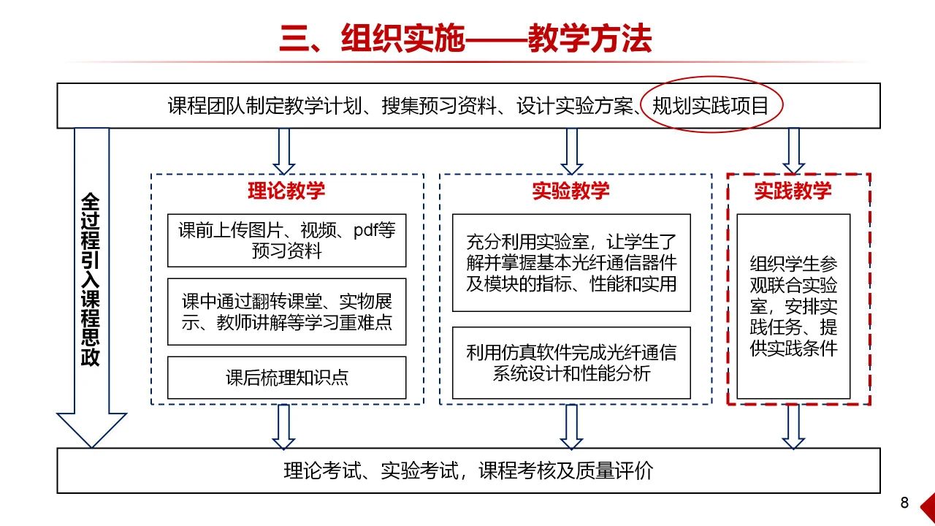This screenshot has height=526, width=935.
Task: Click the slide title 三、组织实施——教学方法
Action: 465,39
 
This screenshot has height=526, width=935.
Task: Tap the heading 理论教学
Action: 286,191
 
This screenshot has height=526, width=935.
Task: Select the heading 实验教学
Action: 571,191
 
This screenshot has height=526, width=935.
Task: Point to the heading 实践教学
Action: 793,191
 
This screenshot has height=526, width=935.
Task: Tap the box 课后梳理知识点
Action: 286,377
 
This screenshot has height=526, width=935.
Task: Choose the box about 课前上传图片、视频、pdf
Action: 286,240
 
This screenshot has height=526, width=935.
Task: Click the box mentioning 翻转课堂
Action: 286,311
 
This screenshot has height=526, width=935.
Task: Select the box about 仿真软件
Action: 571,363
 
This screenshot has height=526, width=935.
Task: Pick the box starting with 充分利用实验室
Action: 571,262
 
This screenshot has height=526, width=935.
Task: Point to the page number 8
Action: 904,503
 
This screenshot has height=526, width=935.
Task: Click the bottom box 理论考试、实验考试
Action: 468,470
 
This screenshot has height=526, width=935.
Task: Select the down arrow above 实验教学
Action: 571,150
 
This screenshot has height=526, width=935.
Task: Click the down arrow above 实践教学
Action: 793,150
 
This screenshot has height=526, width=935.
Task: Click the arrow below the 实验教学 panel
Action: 571,427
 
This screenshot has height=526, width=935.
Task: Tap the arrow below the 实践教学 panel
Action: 793,427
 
